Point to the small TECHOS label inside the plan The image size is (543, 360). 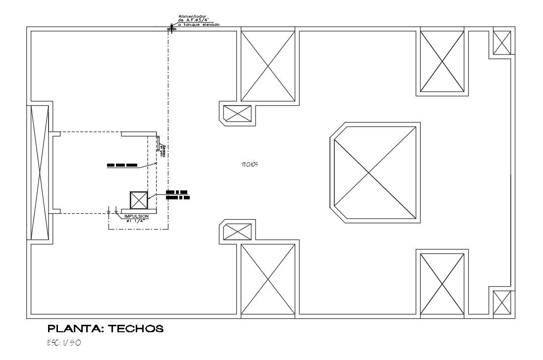[x=250, y=165]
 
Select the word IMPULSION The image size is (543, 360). [x=136, y=217]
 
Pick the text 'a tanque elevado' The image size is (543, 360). [x=199, y=24]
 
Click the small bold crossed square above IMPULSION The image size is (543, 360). [x=138, y=201]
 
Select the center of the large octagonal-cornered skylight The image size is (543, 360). [x=375, y=173]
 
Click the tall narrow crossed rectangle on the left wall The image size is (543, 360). [x=40, y=173]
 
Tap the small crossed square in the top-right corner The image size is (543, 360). [x=502, y=43]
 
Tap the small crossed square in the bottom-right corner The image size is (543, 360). [x=502, y=303]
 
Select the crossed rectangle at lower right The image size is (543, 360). [x=442, y=284]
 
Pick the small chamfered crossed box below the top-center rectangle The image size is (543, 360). [x=238, y=113]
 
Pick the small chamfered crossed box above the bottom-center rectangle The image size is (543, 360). [x=238, y=232]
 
